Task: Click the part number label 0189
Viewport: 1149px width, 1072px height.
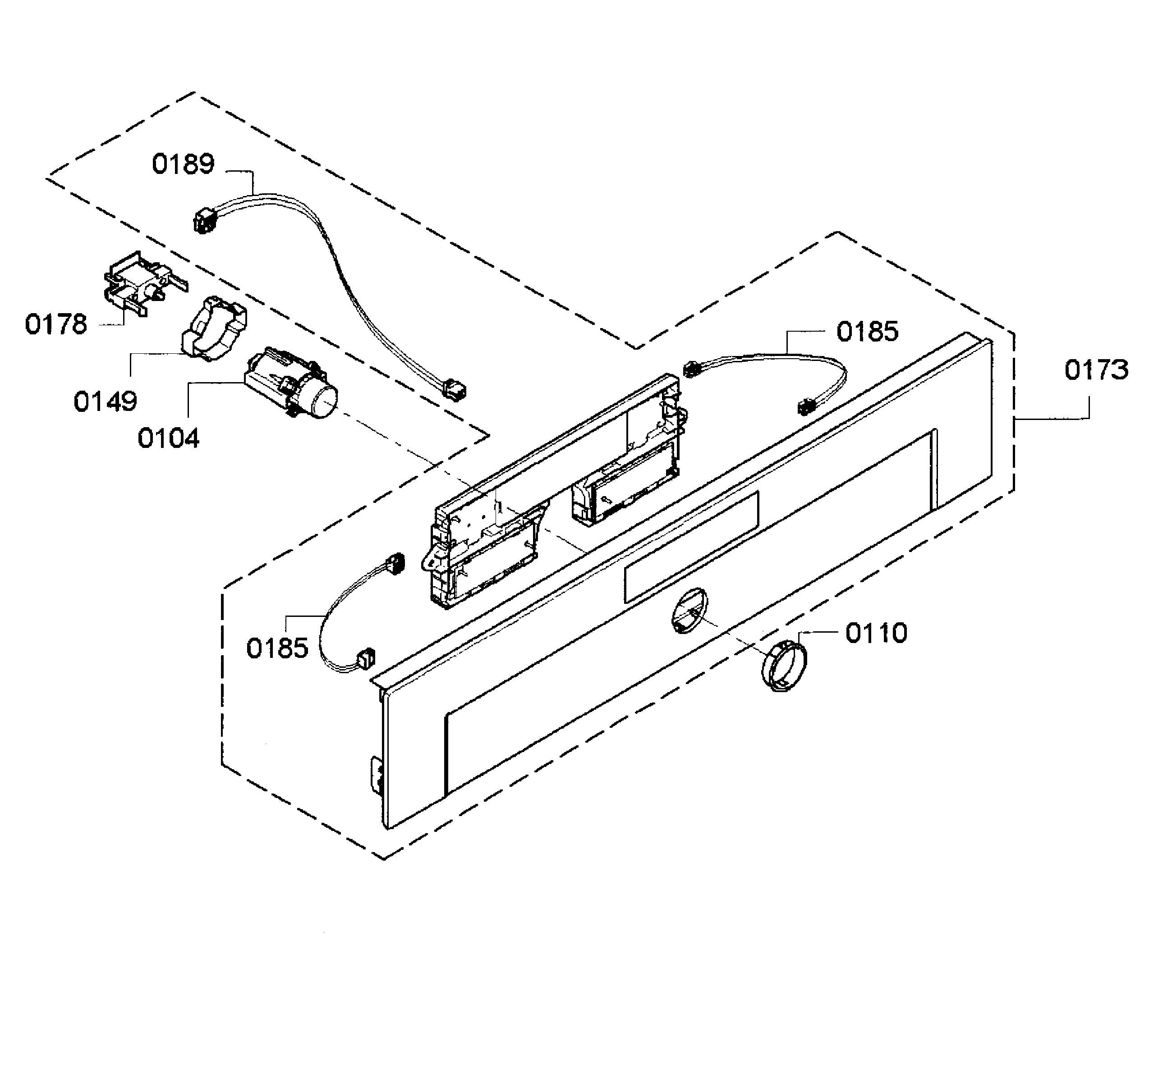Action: click(183, 164)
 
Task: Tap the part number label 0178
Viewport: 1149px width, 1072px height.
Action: click(56, 324)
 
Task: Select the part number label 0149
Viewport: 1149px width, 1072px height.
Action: click(105, 401)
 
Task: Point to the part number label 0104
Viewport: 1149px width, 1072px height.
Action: click(168, 438)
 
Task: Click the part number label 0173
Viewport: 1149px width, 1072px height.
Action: click(1096, 369)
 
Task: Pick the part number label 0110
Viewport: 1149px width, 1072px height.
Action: click(876, 633)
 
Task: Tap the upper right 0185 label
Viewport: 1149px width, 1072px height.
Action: click(867, 332)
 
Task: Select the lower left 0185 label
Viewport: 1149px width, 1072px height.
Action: click(277, 648)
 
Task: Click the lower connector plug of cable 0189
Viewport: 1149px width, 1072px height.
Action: click(454, 390)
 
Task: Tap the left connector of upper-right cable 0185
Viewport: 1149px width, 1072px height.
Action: click(689, 369)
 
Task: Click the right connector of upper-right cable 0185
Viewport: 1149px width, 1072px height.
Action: click(805, 406)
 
